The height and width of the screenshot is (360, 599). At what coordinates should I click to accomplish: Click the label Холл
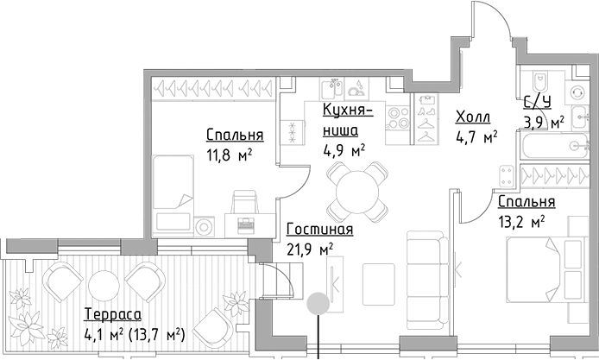click(x=472, y=117)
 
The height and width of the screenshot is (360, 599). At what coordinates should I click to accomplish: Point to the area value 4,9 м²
click(x=344, y=148)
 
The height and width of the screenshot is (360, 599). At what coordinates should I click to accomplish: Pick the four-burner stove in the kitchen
click(x=398, y=117)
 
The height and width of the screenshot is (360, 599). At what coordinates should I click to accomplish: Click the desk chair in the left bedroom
click(x=245, y=204)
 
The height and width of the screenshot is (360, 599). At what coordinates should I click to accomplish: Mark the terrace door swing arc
click(x=278, y=285)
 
